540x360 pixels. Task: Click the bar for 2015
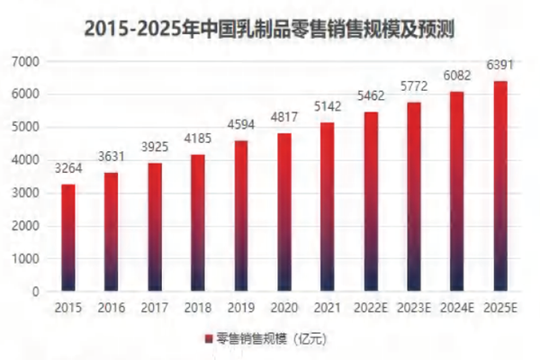click(68, 238)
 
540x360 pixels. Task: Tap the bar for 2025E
click(500, 186)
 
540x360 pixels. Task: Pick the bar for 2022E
click(371, 202)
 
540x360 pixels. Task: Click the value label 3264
click(68, 167)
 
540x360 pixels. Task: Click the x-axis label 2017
click(155, 308)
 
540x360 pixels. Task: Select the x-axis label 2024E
click(457, 308)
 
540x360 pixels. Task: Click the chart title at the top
click(269, 27)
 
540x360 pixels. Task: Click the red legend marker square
click(208, 338)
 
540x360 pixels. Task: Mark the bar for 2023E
click(414, 196)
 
